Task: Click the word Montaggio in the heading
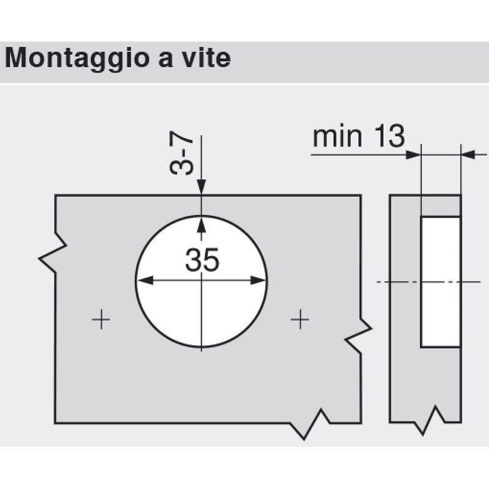[x=77, y=59]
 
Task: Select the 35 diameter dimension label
[x=202, y=259]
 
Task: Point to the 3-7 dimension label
[x=181, y=153]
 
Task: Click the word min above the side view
[x=337, y=136]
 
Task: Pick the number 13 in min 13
[x=389, y=136]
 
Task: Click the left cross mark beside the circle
[x=101, y=319]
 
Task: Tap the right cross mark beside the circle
[x=300, y=319]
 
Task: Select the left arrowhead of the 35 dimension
[x=145, y=281]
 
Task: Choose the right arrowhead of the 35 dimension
[x=258, y=281]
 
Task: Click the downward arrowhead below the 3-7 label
[x=202, y=187]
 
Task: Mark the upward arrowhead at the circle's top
[x=202, y=224]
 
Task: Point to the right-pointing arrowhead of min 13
[x=413, y=155]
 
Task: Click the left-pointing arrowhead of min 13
[x=469, y=155]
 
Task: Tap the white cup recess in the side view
[x=441, y=282]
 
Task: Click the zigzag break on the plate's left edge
[x=53, y=253]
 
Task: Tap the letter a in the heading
[x=166, y=59]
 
